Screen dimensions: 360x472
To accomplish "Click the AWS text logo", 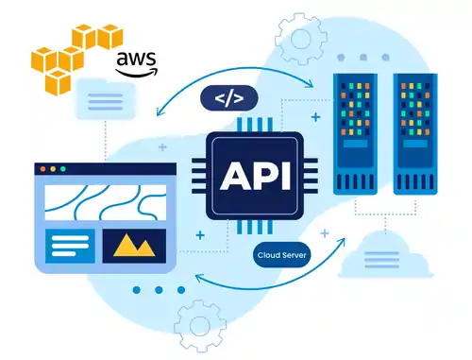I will [x=136, y=63].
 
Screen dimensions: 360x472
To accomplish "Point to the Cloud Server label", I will [x=282, y=254].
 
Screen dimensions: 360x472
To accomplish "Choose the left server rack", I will [x=359, y=130].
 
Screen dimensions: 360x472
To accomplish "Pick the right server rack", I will [x=420, y=130].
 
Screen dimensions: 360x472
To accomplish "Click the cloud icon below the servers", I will [x=382, y=253].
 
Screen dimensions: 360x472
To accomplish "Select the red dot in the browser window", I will [x=42, y=168].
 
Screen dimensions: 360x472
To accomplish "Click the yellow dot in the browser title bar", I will [x=53, y=168].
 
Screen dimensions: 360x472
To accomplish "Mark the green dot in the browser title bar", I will [x=64, y=168].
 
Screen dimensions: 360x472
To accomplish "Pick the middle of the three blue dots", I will [x=158, y=289].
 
